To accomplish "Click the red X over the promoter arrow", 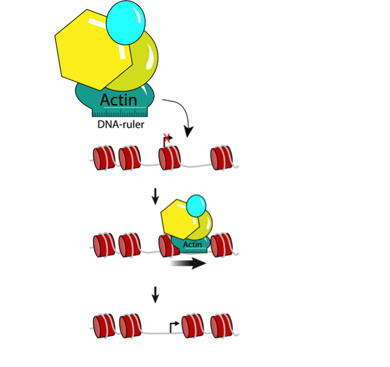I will coord(167,138).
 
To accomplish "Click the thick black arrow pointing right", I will coord(188,264).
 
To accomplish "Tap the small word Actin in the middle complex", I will coord(192,244).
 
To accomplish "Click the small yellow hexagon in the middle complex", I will coord(178,223).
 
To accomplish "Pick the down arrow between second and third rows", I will coord(155,295).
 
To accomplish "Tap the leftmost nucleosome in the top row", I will coord(103,158).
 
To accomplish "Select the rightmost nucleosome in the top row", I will coord(222,158).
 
